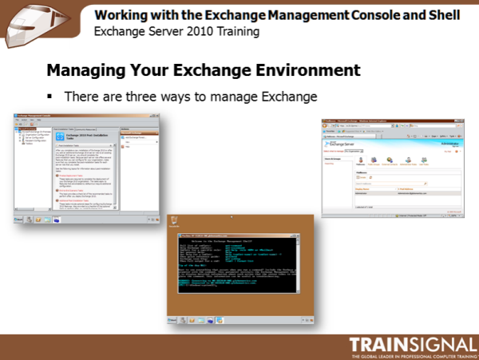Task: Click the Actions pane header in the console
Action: coord(136,129)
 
